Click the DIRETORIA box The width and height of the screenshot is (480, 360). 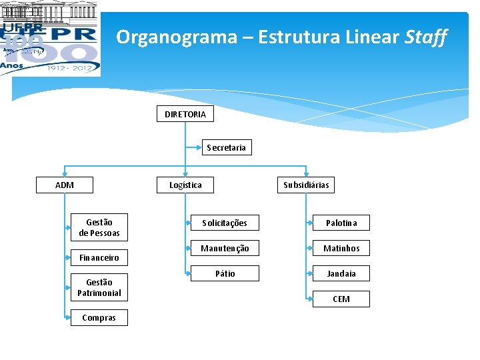185,115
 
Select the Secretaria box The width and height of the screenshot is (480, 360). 227,147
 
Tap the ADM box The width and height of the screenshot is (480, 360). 65,185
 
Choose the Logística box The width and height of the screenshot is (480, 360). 185,185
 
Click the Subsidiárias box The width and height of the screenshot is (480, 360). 306,185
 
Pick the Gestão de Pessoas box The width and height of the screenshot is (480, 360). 99,227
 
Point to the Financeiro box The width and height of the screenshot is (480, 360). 99,257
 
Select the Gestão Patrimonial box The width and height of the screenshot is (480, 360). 99,287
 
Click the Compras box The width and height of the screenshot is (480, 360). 99,318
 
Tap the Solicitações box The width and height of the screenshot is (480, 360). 225,223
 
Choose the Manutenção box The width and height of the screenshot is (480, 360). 225,248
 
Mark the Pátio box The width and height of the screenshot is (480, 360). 225,273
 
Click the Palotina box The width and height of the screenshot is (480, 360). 341,223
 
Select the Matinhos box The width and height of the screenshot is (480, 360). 341,248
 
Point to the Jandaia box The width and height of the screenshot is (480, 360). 341,273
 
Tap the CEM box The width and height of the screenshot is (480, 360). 341,299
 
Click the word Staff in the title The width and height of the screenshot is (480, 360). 426,37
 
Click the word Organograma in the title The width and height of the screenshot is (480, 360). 176,37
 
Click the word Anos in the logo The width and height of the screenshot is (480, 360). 11,65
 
